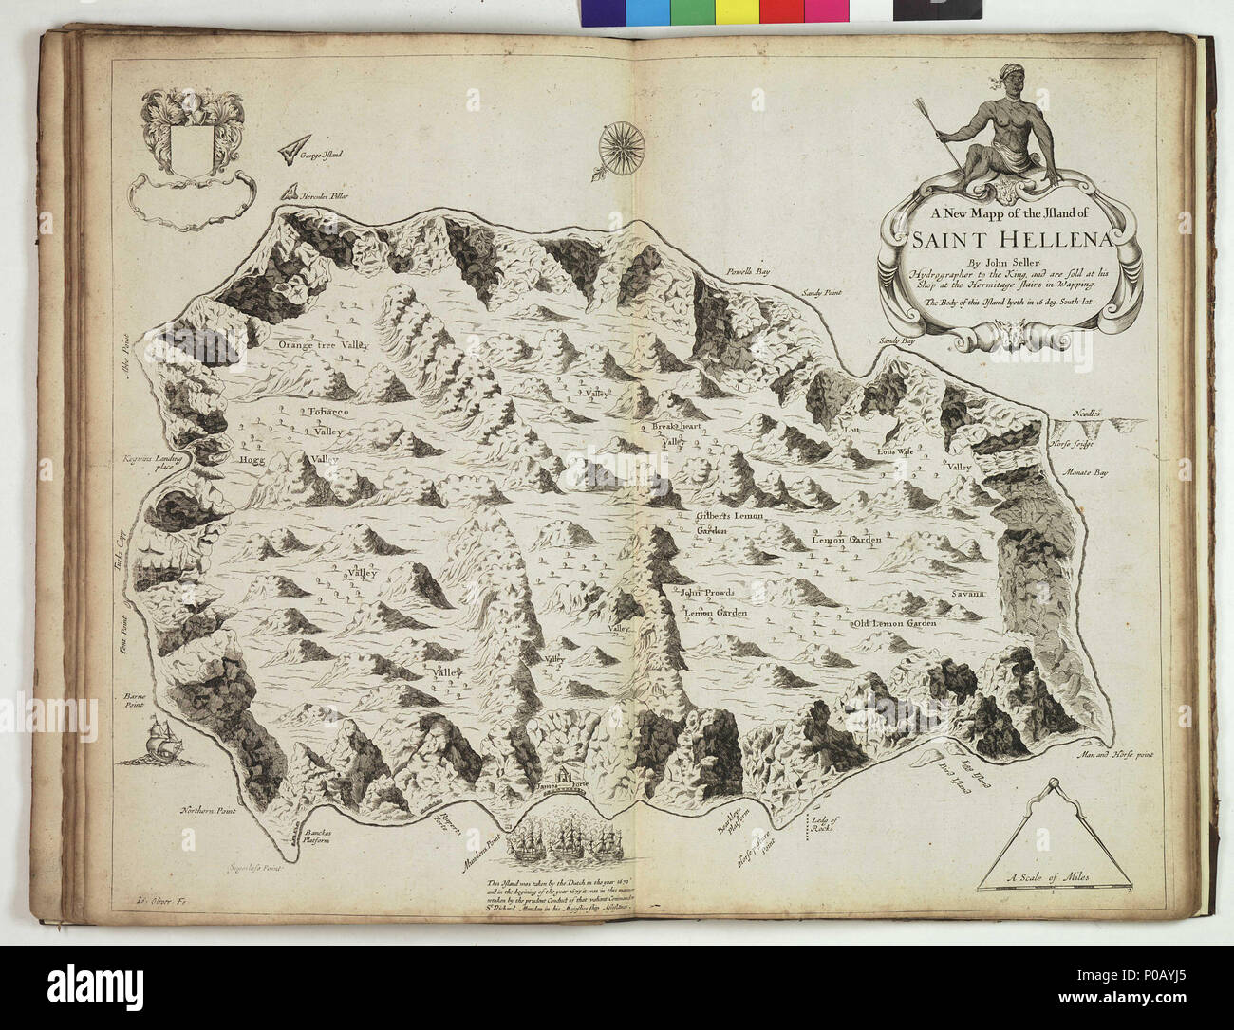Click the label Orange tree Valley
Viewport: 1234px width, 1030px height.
point(322,347)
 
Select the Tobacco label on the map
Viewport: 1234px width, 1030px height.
point(329,413)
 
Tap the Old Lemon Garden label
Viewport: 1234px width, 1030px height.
point(895,623)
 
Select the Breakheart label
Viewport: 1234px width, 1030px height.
point(676,428)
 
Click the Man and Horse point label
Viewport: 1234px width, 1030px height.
point(1108,756)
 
